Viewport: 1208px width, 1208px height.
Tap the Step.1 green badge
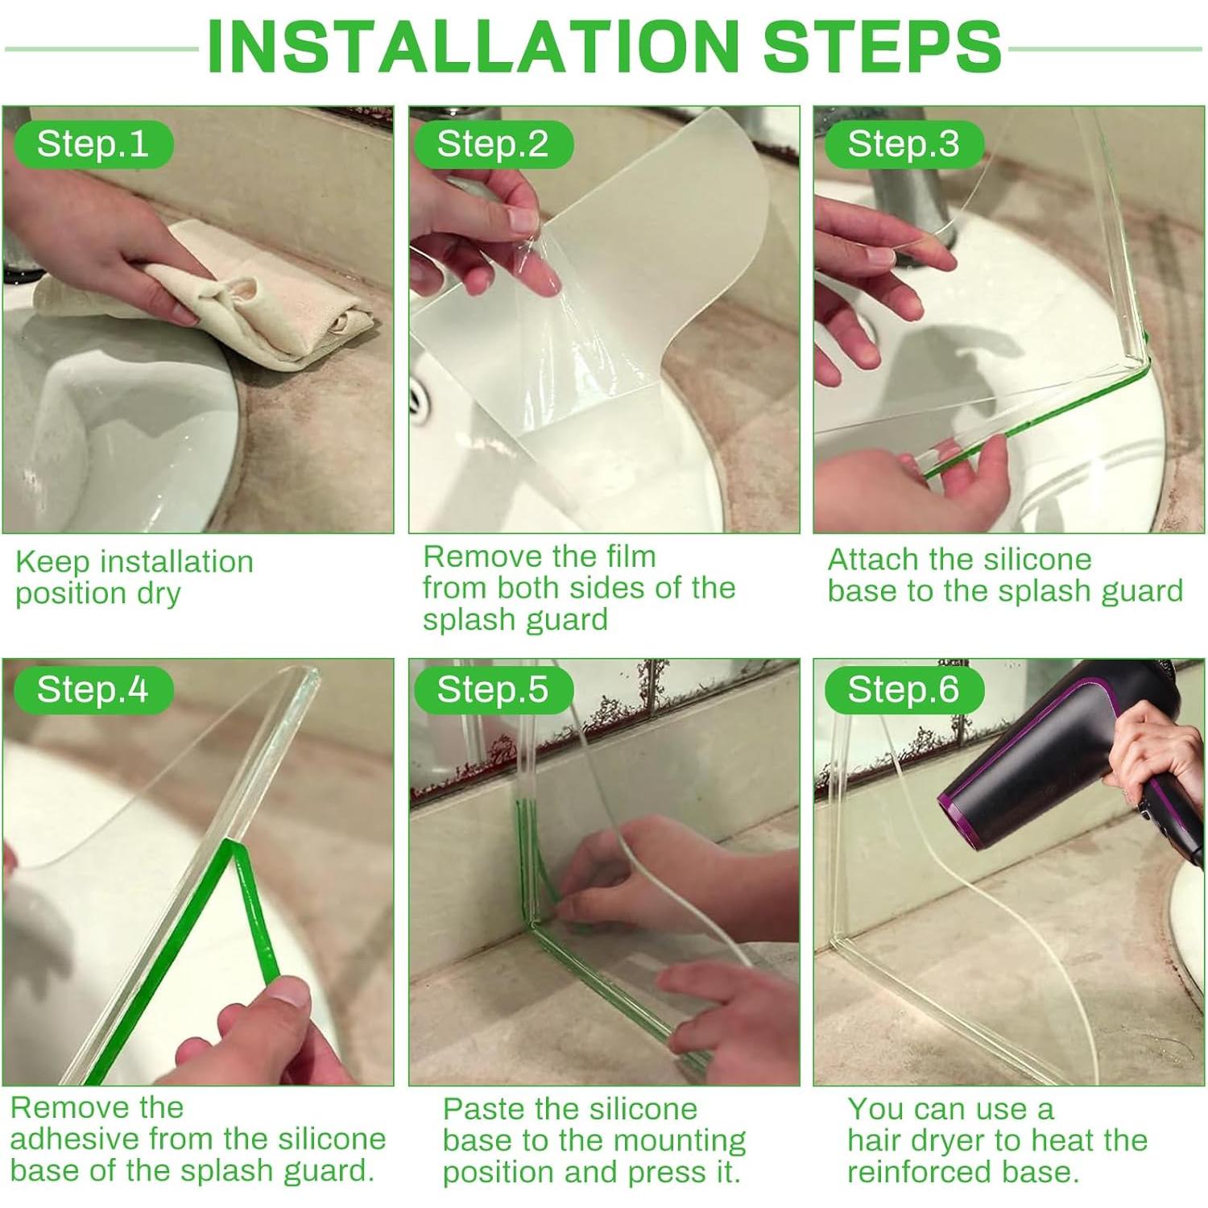[93, 144]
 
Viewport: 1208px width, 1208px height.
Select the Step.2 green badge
[493, 144]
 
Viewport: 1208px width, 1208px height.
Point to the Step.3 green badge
[904, 144]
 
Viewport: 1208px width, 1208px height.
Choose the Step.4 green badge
[93, 690]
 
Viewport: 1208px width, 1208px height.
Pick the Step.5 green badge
[493, 690]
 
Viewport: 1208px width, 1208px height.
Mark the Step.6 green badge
[904, 690]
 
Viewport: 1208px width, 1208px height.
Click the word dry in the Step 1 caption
[159, 594]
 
